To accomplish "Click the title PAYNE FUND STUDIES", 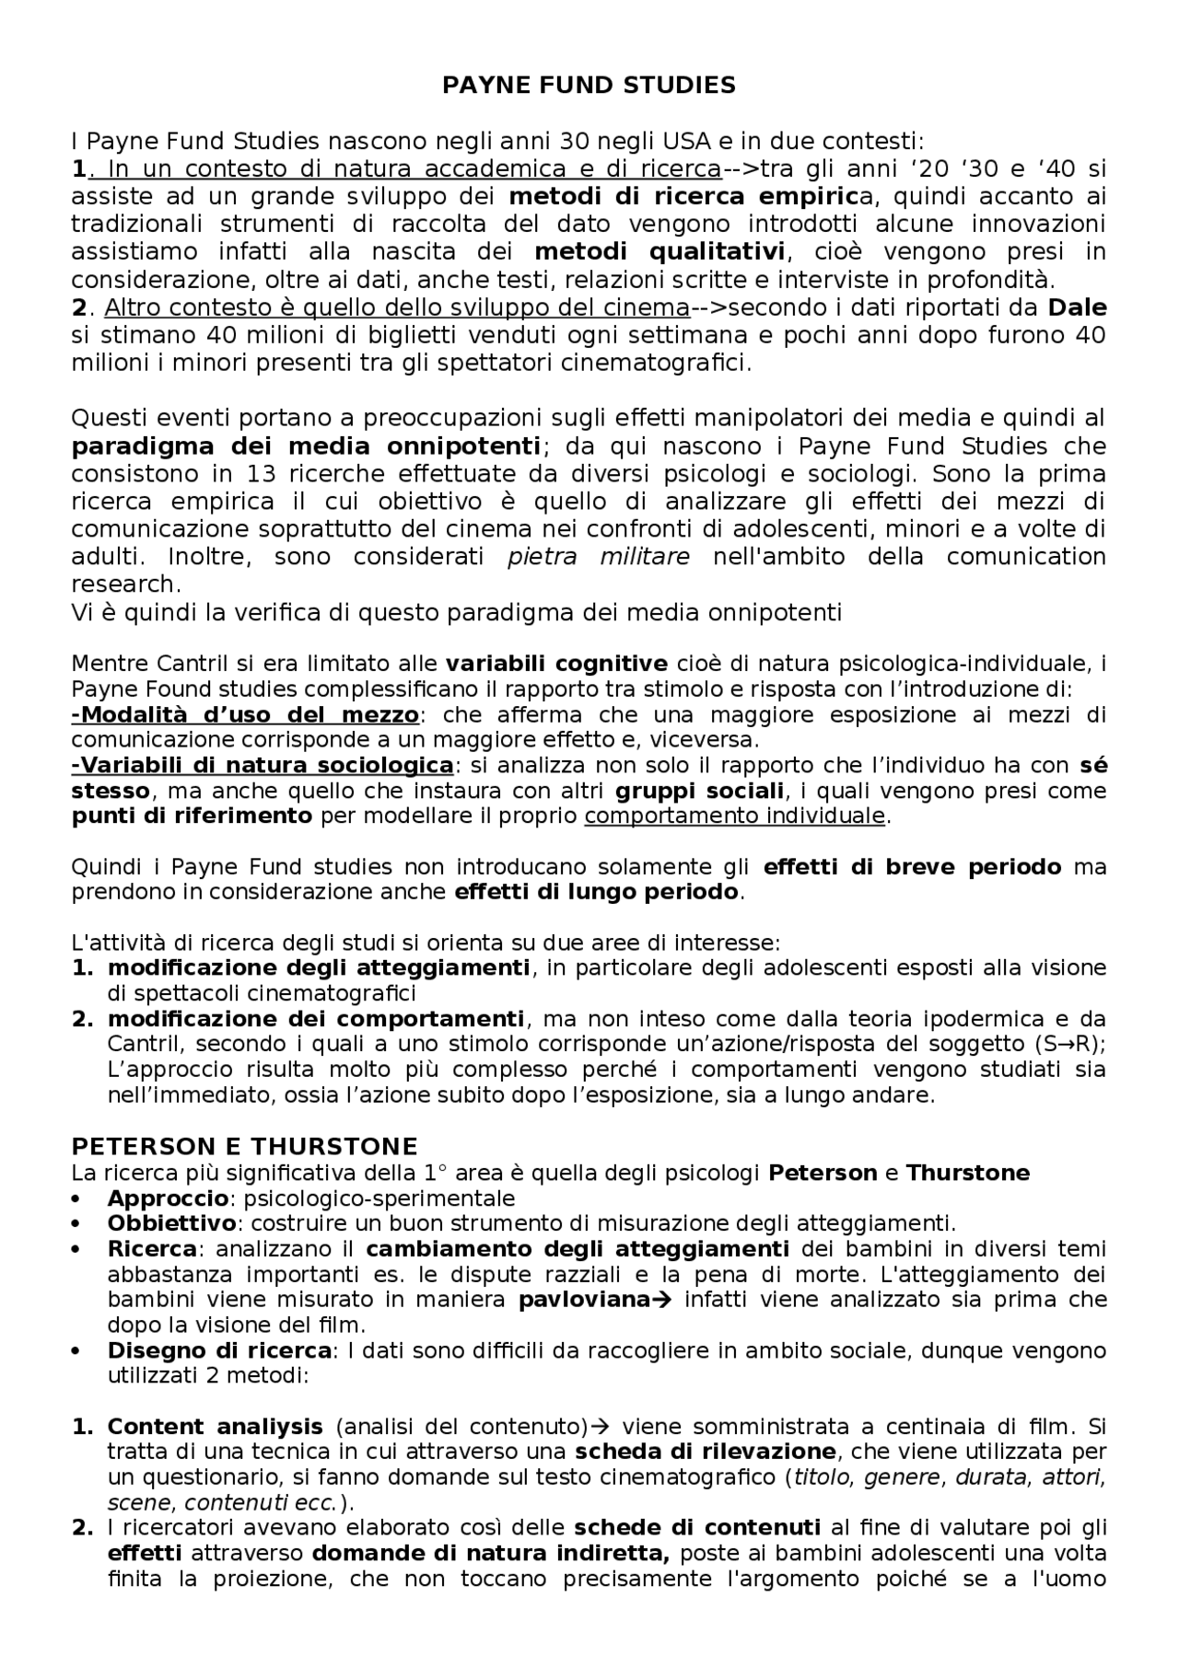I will (589, 86).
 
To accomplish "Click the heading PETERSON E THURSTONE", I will (244, 1146).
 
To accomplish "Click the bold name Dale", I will (1077, 307).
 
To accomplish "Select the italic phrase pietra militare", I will (598, 557).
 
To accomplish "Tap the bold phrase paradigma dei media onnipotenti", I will (306, 446).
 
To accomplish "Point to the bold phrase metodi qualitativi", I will (660, 252).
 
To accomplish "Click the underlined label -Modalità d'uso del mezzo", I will (245, 714).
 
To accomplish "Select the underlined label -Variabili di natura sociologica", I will (262, 765).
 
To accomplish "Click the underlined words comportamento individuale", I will (734, 816).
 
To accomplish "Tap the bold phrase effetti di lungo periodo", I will (597, 891).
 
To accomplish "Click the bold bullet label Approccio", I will (168, 1198).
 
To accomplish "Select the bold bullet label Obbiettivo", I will (172, 1223).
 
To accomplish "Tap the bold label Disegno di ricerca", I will (219, 1350).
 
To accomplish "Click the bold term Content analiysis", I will (215, 1427).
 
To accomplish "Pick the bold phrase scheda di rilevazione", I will (706, 1452).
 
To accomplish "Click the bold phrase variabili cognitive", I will (556, 664).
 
